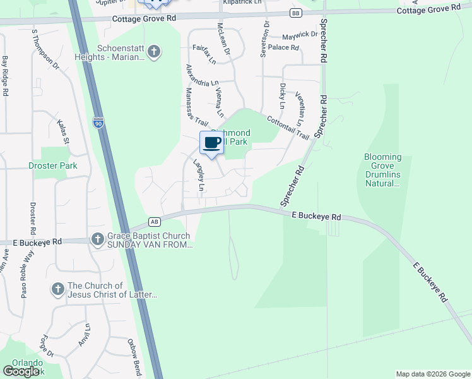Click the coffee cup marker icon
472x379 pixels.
(x=212, y=142)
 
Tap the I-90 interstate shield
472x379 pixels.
(x=98, y=123)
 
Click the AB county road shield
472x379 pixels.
(x=154, y=221)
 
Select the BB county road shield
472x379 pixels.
(x=296, y=13)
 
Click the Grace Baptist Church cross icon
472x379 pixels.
(x=97, y=239)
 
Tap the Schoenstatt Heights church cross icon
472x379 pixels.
(x=153, y=52)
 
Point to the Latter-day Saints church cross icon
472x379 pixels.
(x=57, y=289)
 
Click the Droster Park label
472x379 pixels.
(x=52, y=165)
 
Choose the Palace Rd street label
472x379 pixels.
(x=283, y=47)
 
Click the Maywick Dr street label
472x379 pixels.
(x=300, y=34)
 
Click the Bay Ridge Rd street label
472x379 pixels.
(x=5, y=76)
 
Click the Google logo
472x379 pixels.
(x=21, y=371)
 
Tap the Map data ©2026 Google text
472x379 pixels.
(x=432, y=374)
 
